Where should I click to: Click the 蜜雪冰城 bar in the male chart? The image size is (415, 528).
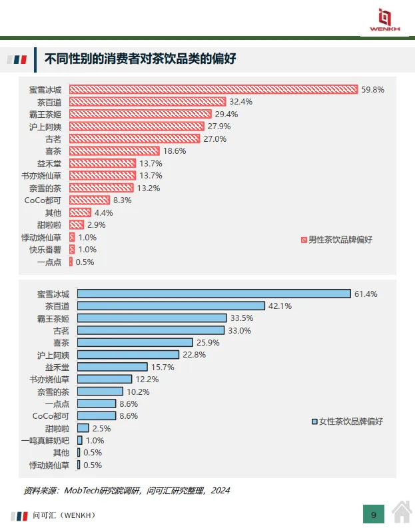click(213, 89)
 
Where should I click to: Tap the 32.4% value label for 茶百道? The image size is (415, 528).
click(240, 102)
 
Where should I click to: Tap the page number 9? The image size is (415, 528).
click(374, 515)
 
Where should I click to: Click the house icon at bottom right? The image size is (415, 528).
click(402, 512)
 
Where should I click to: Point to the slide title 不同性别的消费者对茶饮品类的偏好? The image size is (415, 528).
click(140, 59)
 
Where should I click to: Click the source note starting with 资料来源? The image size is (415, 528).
click(127, 491)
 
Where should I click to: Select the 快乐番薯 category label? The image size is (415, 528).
click(45, 250)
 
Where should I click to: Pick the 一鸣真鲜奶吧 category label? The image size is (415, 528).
click(45, 441)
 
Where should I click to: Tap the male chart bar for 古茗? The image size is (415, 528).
click(135, 138)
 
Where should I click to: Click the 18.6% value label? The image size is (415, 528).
click(175, 151)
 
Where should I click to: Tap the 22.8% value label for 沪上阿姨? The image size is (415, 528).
click(194, 355)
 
